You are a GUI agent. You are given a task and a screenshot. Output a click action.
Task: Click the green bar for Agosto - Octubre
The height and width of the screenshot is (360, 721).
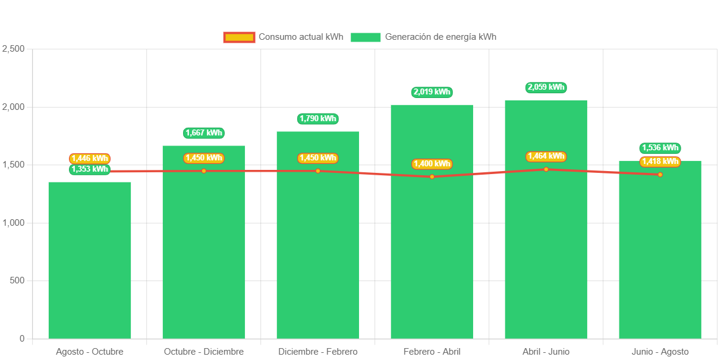(x=90, y=261)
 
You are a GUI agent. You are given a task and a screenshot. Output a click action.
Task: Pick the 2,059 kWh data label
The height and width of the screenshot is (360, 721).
(x=546, y=87)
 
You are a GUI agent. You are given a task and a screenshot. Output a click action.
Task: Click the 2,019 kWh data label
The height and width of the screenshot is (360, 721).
(x=432, y=92)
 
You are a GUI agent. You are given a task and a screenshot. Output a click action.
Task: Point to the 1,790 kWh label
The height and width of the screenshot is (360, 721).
(x=318, y=119)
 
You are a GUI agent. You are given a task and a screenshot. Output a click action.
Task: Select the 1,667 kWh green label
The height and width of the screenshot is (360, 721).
(x=204, y=133)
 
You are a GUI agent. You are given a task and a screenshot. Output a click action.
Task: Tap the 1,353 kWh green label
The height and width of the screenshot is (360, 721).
(x=90, y=169)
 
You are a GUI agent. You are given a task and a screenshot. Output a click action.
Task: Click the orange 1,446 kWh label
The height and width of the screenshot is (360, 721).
(x=90, y=159)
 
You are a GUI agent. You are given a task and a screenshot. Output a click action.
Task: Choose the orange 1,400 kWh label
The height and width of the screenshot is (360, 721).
(x=432, y=164)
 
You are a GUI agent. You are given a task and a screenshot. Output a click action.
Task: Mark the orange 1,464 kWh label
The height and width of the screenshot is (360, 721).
(x=546, y=156)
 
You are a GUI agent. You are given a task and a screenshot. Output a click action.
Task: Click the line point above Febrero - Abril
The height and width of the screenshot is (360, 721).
(x=432, y=176)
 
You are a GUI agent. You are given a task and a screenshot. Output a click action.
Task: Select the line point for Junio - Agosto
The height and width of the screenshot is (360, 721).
(x=660, y=175)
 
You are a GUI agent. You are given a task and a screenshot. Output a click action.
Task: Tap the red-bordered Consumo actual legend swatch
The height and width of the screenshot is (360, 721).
(x=239, y=37)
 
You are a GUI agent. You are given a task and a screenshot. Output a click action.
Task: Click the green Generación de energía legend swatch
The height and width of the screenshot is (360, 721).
(x=365, y=37)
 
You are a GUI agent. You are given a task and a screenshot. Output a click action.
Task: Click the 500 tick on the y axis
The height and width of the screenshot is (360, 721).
(x=17, y=280)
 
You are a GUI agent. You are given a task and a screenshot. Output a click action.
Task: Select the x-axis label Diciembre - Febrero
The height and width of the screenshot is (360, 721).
(x=318, y=352)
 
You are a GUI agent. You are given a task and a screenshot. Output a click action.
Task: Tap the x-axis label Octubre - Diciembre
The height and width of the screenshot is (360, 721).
(x=204, y=352)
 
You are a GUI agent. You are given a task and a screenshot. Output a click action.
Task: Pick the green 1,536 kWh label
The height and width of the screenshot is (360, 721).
(x=660, y=148)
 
